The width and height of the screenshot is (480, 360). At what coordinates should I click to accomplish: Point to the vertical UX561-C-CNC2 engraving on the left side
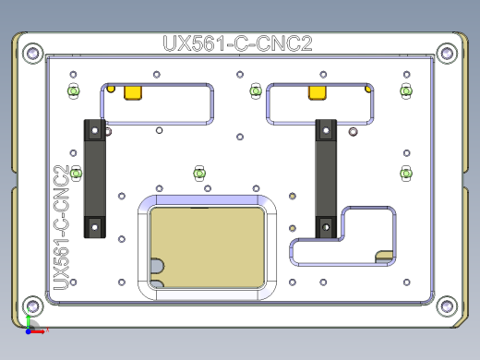pyautogui.click(x=63, y=227)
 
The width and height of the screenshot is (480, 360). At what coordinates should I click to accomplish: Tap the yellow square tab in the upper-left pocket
pyautogui.click(x=135, y=91)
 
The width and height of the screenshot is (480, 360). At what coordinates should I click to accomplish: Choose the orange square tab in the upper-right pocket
pyautogui.click(x=317, y=91)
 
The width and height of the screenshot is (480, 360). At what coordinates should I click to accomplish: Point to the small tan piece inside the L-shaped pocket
pyautogui.click(x=385, y=254)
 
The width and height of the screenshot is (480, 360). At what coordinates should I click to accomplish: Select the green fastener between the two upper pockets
pyautogui.click(x=257, y=90)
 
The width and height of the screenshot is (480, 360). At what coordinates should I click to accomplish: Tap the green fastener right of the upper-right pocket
pyautogui.click(x=405, y=90)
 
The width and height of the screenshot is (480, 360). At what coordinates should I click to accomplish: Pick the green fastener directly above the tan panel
pyautogui.click(x=198, y=173)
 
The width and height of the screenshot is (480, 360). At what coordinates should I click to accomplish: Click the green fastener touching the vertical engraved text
pyautogui.click(x=76, y=172)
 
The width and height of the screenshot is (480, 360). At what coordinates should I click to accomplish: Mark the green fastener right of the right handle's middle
pyautogui.click(x=404, y=172)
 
